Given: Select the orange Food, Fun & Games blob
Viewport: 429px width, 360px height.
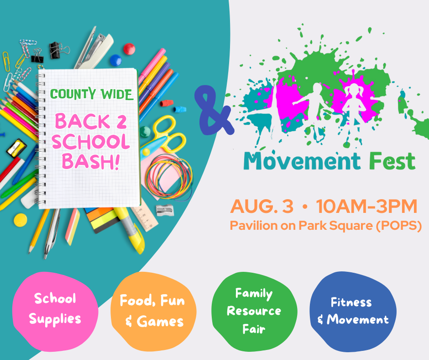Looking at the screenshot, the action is tap(153, 312).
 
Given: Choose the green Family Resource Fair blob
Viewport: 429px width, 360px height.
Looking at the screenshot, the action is tap(254, 312).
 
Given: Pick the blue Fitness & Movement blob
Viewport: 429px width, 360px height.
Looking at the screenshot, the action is tap(353, 312).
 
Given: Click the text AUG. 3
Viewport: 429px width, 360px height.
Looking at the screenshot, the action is tap(262, 206).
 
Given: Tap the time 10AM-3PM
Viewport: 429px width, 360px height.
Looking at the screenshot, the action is tap(366, 206).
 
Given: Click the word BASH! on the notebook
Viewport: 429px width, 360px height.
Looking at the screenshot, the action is tap(91, 161).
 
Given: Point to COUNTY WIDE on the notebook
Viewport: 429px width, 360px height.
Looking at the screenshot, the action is tap(91, 94).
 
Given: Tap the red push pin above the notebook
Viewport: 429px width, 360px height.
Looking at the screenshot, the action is tap(129, 49).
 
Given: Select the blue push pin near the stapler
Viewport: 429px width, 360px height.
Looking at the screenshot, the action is tap(116, 60).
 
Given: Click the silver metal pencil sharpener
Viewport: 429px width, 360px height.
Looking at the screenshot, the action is tap(165, 210).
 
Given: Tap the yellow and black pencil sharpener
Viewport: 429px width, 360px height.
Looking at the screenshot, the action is tap(16, 148).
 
